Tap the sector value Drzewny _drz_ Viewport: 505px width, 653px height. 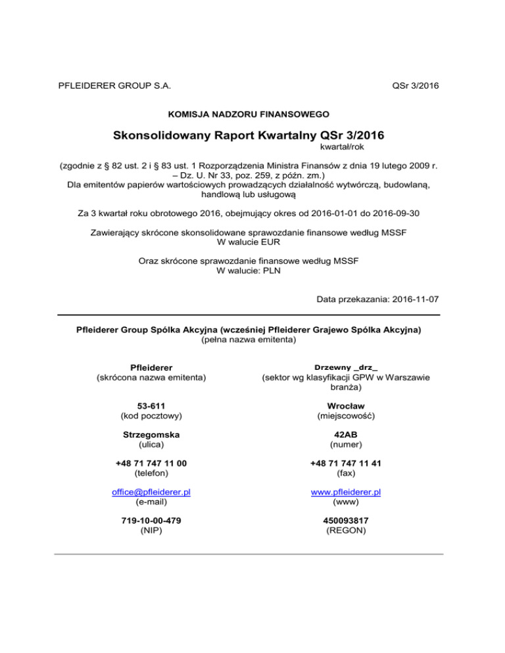(346, 367)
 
